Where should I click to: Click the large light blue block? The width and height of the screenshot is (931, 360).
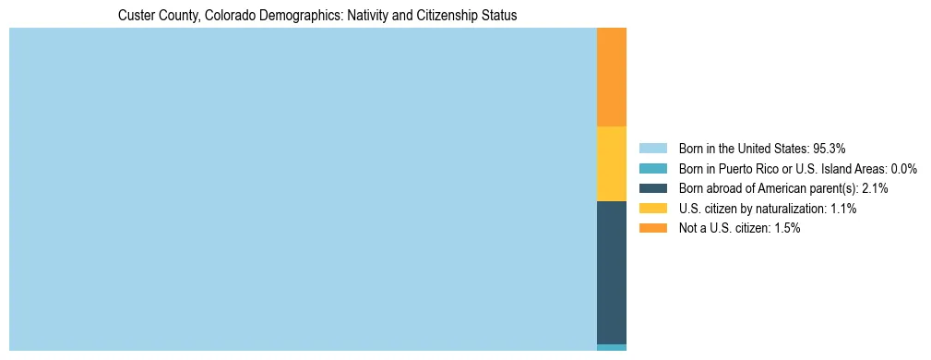(303, 189)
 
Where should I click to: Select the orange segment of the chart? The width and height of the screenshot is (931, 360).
(612, 77)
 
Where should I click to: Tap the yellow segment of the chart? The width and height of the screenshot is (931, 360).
(612, 163)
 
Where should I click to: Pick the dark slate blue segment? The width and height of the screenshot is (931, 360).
(612, 272)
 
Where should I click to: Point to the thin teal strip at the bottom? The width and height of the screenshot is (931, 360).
(612, 347)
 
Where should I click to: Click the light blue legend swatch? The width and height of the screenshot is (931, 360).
(652, 149)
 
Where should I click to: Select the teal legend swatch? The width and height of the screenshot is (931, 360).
(652, 169)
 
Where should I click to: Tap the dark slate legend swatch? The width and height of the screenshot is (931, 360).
(652, 188)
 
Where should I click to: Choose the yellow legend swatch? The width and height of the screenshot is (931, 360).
(652, 209)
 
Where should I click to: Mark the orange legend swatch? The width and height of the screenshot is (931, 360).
(652, 228)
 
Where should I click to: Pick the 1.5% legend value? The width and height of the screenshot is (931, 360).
(784, 228)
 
